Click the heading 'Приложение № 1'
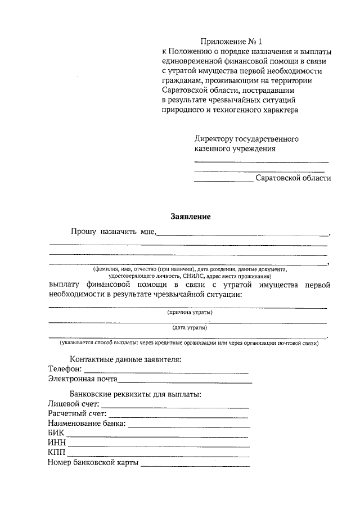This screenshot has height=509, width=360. coord(232,42)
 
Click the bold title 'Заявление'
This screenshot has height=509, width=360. coord(190,217)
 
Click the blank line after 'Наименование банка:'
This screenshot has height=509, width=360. coord(189,426)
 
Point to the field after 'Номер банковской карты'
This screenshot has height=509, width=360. coord(195,465)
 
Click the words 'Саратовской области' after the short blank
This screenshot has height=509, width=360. coord(293,178)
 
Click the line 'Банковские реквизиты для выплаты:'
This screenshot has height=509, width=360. coord(136,394)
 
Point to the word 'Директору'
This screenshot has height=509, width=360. coord(213,138)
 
